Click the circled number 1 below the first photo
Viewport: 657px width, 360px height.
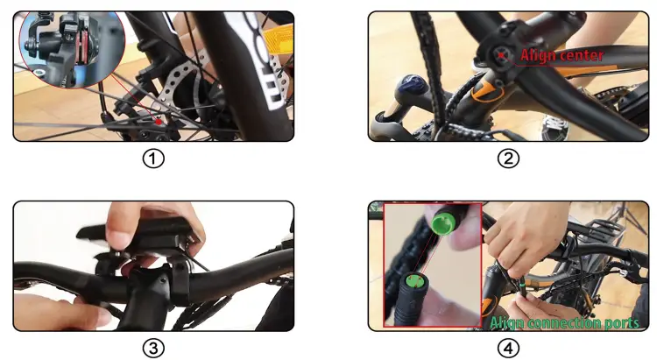153,159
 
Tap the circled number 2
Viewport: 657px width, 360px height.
508,159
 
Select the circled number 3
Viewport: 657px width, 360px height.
153,348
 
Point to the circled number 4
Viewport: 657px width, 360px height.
508,348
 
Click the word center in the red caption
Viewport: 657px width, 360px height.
582,56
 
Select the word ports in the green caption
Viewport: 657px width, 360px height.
622,322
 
